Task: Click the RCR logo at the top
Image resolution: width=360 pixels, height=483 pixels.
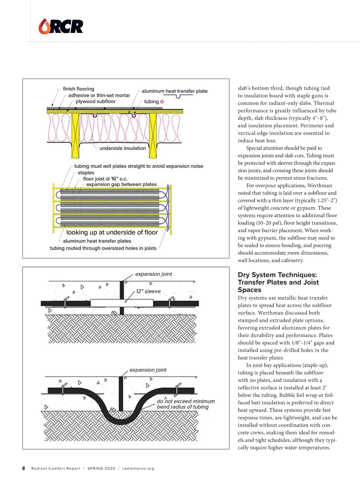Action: click(61, 26)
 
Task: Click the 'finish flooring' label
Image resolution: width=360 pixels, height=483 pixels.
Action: click(79, 89)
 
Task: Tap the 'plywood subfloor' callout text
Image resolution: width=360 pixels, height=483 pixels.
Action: click(95, 101)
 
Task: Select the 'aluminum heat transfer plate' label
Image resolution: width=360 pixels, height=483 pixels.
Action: click(175, 91)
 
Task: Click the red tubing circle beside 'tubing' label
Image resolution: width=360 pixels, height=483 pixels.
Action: click(162, 102)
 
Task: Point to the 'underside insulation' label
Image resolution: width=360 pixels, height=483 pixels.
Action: click(123, 148)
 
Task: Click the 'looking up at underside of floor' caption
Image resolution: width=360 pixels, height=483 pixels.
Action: click(112, 232)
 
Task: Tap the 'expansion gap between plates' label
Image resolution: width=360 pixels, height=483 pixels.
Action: click(121, 184)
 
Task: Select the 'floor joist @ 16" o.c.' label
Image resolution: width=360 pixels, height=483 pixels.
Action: click(105, 179)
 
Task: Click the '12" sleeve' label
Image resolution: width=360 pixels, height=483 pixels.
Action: click(148, 291)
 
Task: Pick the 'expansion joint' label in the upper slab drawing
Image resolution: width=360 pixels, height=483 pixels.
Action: click(153, 274)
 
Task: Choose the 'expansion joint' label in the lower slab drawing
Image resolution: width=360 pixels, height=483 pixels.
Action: click(148, 370)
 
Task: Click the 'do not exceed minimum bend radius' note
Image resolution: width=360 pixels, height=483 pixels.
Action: click(186, 404)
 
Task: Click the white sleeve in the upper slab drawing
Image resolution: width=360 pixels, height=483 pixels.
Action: click(122, 303)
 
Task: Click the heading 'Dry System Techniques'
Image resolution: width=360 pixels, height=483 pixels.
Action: click(278, 282)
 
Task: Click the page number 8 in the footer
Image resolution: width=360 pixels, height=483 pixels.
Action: click(23, 468)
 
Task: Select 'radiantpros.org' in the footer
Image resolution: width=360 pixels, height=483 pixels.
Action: click(138, 469)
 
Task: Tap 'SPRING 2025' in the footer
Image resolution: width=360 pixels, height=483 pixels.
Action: click(101, 469)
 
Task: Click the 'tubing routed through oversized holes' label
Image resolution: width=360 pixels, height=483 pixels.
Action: click(103, 248)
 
